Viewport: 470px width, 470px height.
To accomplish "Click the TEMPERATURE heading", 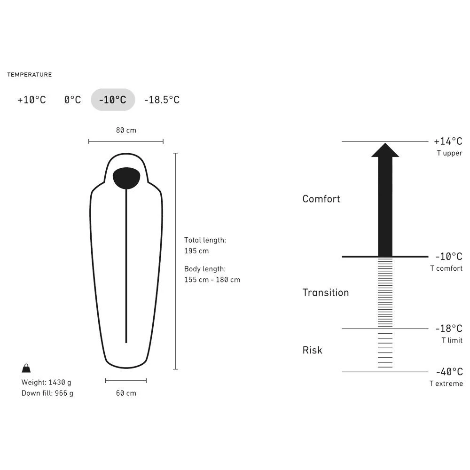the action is (29, 75).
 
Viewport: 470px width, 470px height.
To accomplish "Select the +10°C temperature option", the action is (31, 100).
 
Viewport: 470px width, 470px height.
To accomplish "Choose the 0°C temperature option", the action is (72, 100).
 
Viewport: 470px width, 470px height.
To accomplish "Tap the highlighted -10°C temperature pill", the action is (113, 100).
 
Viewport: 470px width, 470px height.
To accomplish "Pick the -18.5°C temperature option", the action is (162, 100).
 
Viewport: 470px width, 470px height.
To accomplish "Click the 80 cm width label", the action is (126, 130).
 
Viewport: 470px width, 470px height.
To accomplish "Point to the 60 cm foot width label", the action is (126, 393).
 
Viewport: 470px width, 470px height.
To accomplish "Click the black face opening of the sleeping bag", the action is (126, 178).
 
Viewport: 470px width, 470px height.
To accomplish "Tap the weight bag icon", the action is (26, 368).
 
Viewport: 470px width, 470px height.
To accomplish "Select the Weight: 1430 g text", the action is (46, 383).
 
